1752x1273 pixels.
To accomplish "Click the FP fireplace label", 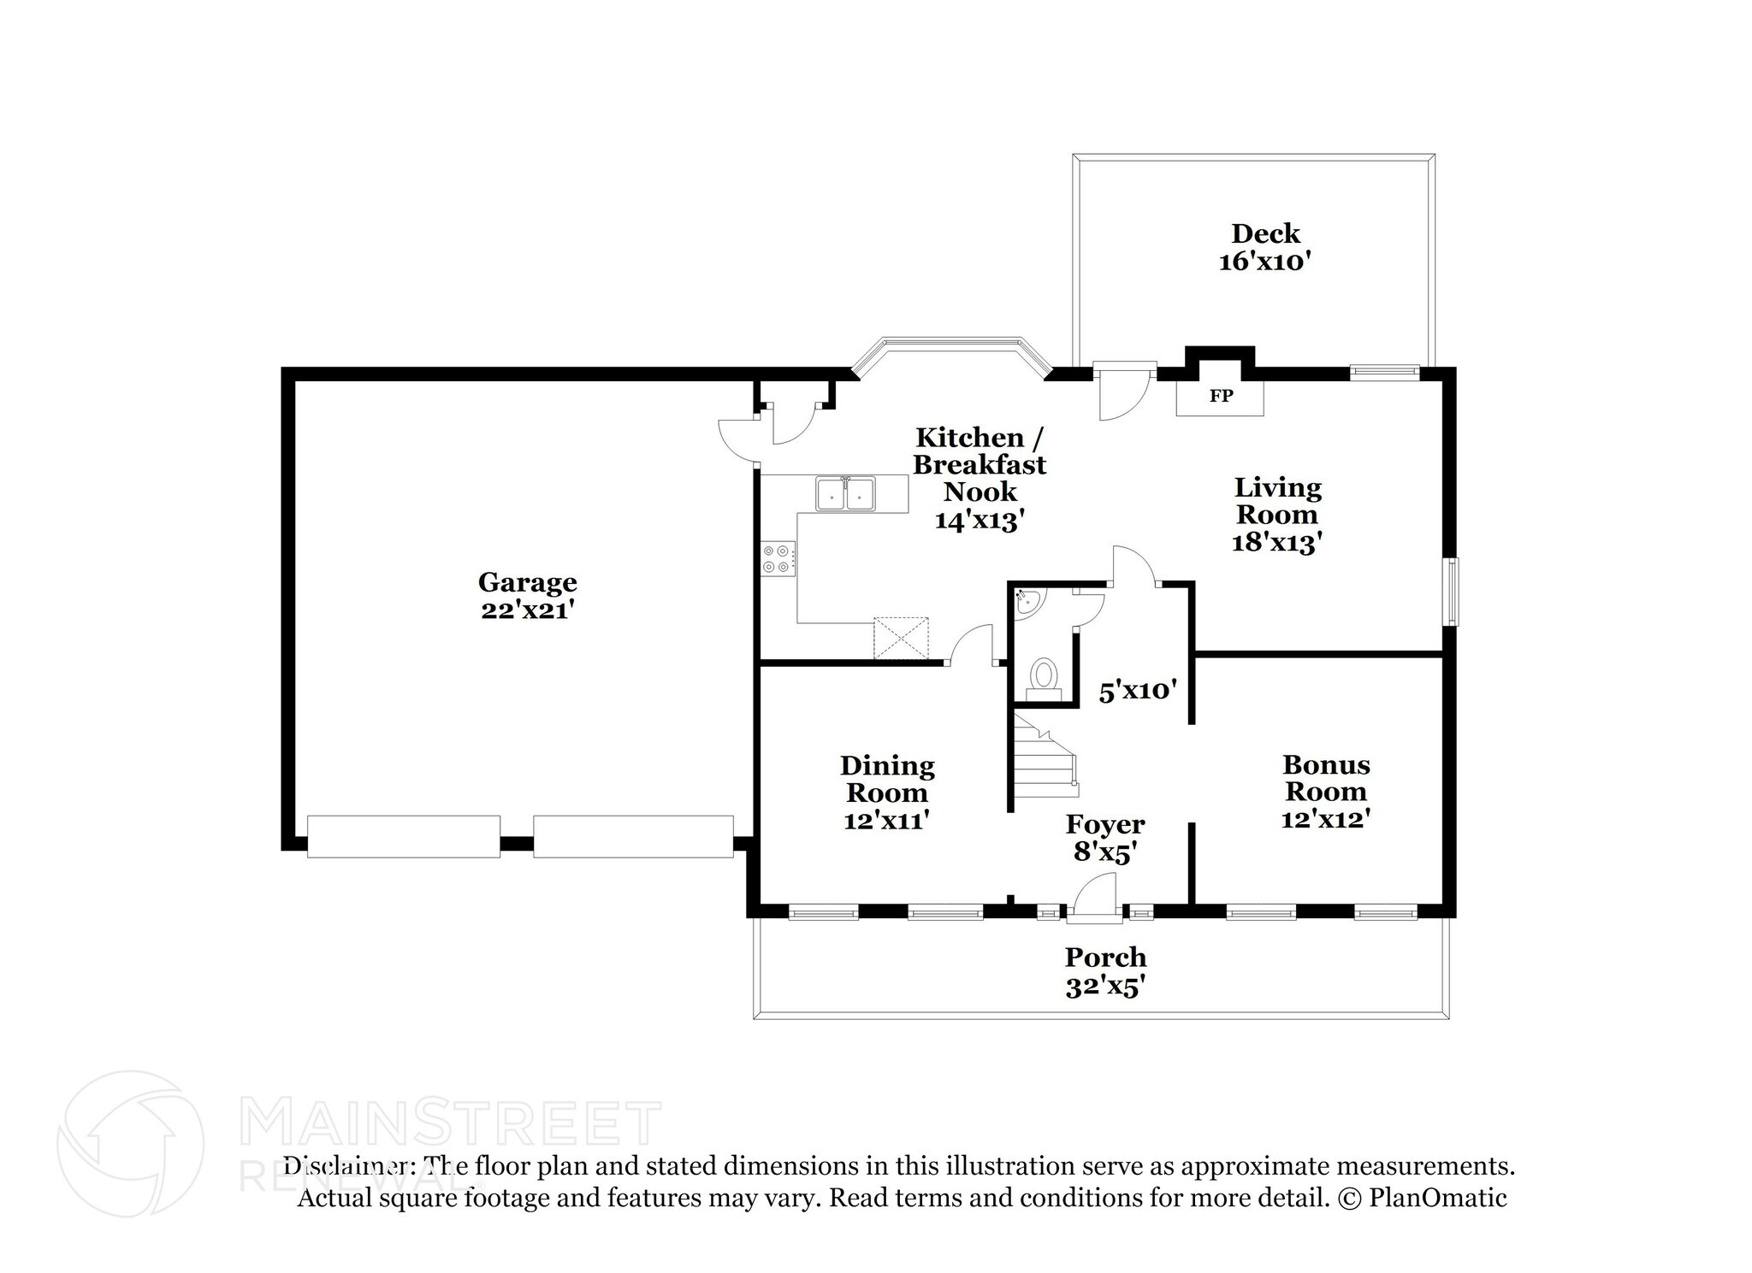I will [1220, 396].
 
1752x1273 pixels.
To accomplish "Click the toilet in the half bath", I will [1043, 675].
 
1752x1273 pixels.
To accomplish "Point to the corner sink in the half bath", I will [1027, 602].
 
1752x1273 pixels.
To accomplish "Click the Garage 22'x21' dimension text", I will [527, 610].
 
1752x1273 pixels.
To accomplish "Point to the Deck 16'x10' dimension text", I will [1264, 262].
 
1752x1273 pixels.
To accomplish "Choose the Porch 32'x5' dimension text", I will [1105, 987].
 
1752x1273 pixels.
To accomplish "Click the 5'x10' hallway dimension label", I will [1138, 691].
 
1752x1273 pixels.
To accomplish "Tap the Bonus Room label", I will [1325, 777].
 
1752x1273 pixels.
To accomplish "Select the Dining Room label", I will [887, 778].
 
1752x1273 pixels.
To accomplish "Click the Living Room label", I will [1277, 501].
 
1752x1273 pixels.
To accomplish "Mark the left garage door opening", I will [403, 836].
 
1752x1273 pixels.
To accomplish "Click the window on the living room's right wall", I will [1452, 592].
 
